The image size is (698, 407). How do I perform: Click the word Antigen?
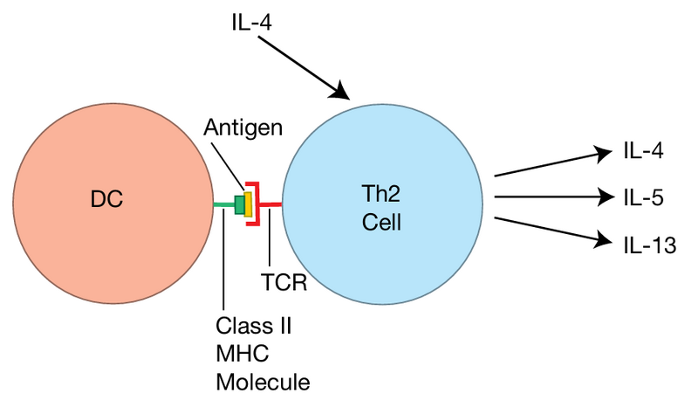point(243,128)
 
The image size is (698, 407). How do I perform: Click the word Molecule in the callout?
point(263,382)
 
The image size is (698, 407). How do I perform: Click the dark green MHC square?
point(239,204)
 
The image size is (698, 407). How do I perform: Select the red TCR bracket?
point(256,204)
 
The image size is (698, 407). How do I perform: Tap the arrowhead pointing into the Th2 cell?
point(342,92)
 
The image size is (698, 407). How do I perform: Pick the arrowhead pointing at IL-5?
point(603,198)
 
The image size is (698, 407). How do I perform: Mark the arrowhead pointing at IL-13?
point(603,238)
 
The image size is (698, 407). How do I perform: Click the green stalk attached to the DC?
point(223,205)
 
